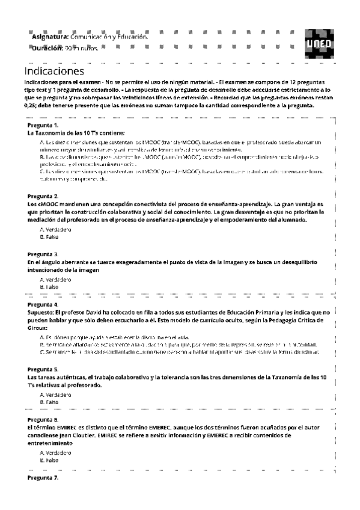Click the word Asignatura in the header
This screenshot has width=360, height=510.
49,37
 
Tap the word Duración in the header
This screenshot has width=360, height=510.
47,48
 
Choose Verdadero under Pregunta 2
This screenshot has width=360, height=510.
53,230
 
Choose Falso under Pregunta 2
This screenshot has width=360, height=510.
49,237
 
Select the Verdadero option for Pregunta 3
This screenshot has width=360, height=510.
53,280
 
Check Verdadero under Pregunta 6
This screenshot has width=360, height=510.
53,452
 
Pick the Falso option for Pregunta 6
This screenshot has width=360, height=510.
49,459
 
